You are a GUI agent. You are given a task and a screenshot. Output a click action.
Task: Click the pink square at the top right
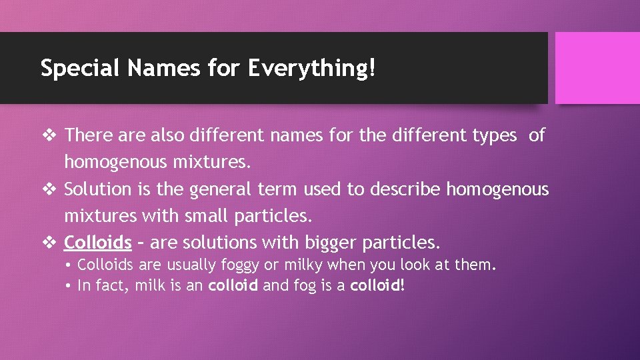tap(597, 68)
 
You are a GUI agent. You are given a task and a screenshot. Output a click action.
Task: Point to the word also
tap(168, 135)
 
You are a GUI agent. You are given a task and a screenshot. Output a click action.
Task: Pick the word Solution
tap(97, 189)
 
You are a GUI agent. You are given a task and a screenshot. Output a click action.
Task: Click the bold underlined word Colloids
tap(97, 241)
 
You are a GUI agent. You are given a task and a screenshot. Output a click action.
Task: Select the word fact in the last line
tap(109, 285)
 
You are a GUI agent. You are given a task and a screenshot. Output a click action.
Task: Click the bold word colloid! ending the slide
tap(377, 285)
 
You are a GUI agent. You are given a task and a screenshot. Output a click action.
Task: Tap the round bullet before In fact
tap(70, 286)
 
